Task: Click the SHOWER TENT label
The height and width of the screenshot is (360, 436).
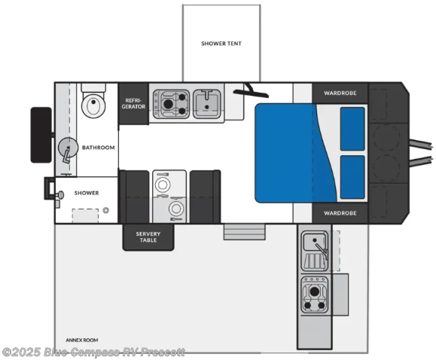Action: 221,44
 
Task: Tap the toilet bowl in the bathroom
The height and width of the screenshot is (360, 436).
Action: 93,105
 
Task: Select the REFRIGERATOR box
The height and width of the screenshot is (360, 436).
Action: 133,103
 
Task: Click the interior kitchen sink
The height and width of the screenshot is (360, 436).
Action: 206,104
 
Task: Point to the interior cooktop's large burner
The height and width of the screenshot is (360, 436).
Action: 168,104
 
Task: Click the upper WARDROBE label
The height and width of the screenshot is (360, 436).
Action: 340,93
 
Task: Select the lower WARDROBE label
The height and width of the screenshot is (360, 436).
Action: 340,213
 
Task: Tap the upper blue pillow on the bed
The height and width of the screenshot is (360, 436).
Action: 352,129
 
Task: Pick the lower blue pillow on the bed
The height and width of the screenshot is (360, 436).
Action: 352,177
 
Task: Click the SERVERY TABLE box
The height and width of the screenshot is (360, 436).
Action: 148,237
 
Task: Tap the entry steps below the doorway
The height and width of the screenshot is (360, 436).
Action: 245,232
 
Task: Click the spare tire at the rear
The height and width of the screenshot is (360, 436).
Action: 41,135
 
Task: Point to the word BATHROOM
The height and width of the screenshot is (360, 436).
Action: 99,148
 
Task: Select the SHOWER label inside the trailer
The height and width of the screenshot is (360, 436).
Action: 87,193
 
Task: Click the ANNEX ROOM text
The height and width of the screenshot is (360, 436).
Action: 82,340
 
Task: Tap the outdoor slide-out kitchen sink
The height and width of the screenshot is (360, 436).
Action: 316,242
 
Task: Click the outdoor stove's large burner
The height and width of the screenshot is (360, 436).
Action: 315,291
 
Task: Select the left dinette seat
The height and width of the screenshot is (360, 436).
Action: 134,197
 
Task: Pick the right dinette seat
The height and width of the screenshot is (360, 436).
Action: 206,197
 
